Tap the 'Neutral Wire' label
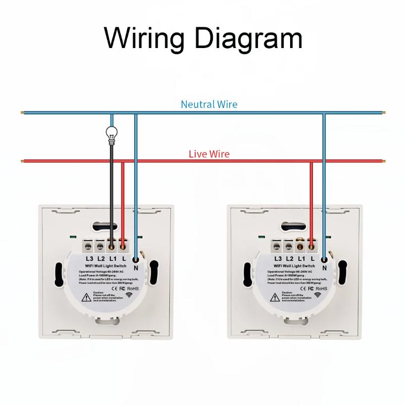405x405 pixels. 209,104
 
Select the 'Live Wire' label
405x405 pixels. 209,154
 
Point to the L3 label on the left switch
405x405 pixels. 90,258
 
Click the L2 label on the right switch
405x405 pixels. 289,258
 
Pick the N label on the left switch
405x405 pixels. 135,267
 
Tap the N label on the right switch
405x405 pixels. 324,267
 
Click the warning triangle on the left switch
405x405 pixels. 86,297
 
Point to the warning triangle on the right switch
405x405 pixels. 274,297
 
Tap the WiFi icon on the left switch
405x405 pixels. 130,295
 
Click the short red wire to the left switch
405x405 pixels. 123,198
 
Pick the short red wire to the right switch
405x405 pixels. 311,198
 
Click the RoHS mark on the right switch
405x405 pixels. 322,288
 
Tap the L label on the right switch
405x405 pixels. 312,258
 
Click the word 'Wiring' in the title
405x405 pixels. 144,38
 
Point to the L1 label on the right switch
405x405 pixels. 301,258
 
